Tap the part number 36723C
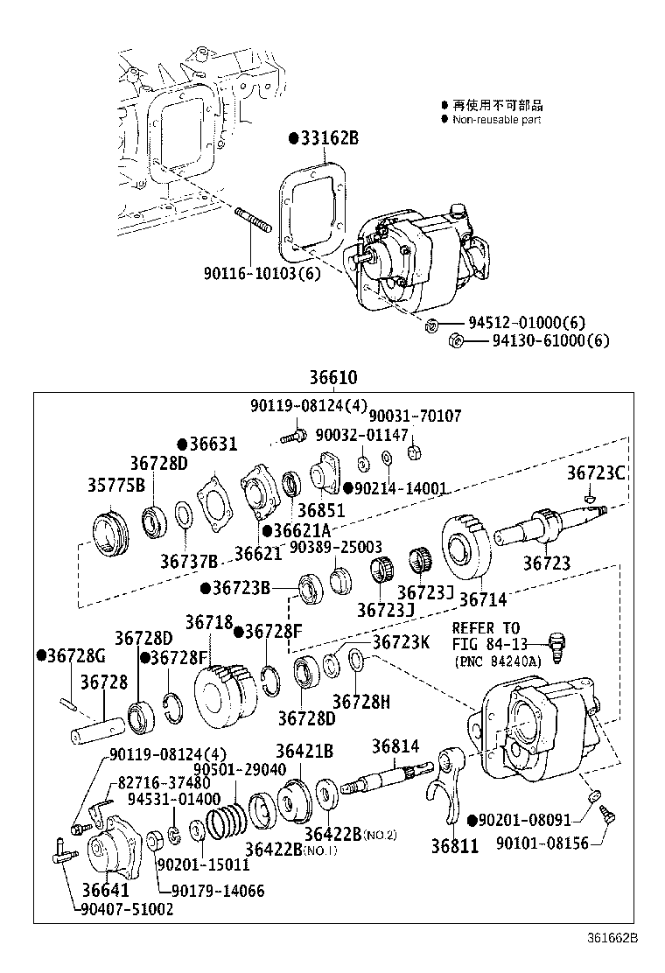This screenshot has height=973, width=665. tap(595, 472)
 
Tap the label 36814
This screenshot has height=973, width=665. tap(395, 746)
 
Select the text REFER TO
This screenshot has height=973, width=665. tap(486, 628)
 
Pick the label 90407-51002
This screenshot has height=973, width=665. tap(128, 909)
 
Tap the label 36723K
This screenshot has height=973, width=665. tap(402, 642)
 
